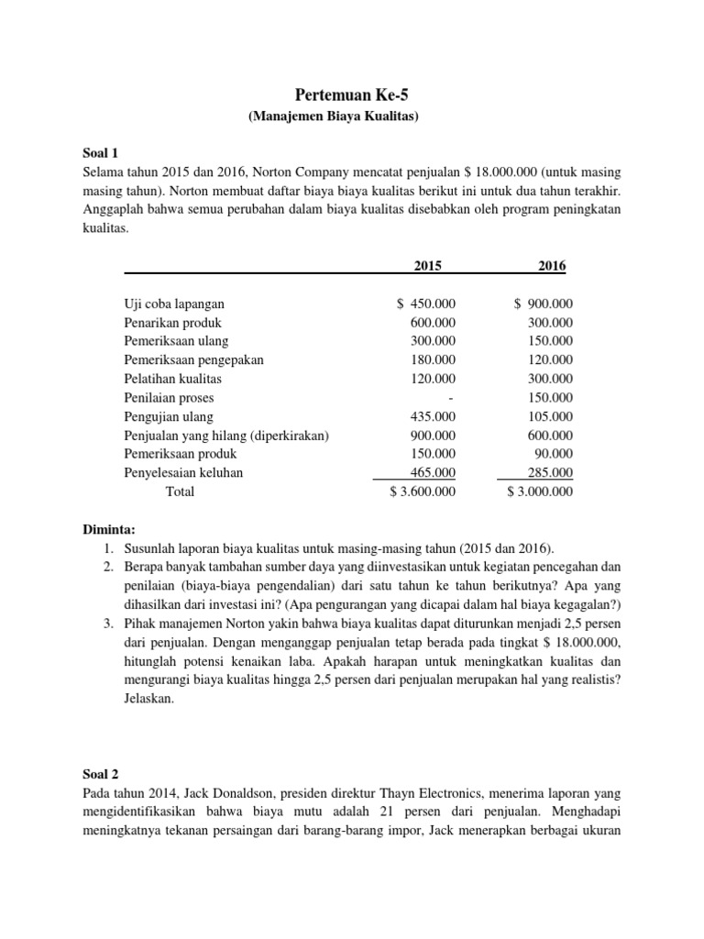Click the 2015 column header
(x=427, y=266)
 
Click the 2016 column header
(x=552, y=266)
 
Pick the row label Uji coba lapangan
(x=174, y=304)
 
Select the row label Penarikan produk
(x=172, y=323)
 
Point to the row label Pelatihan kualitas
(x=172, y=379)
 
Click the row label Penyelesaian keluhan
(x=183, y=472)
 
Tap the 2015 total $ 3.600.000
(x=423, y=492)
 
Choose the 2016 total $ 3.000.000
(x=540, y=492)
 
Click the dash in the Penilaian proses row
(x=452, y=398)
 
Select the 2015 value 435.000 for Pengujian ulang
(x=433, y=416)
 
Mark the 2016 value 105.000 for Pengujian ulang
(x=551, y=416)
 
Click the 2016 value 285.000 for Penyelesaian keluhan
(x=551, y=472)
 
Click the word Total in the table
(x=180, y=492)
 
